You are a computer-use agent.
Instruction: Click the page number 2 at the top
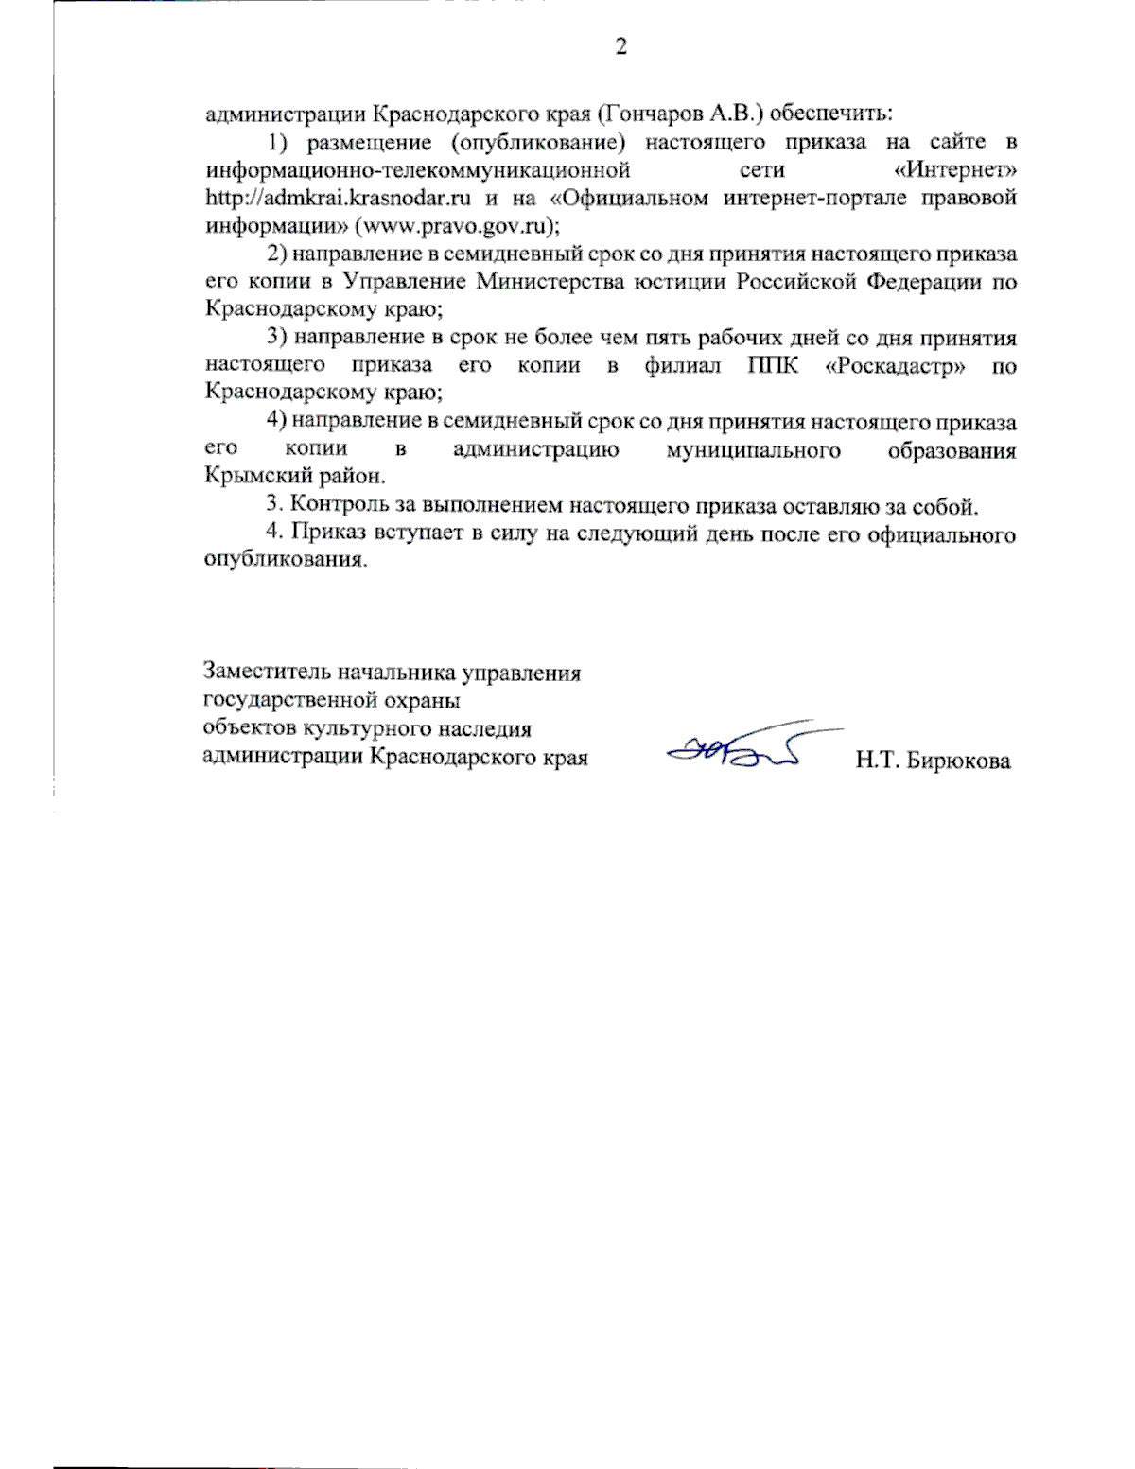pyautogui.click(x=620, y=46)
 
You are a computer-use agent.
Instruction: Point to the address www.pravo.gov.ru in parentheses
pyautogui.click(x=451, y=226)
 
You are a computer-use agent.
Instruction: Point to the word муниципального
pyautogui.click(x=753, y=449)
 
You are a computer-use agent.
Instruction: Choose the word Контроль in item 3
pyautogui.click(x=337, y=505)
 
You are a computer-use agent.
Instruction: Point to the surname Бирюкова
pyautogui.click(x=957, y=760)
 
